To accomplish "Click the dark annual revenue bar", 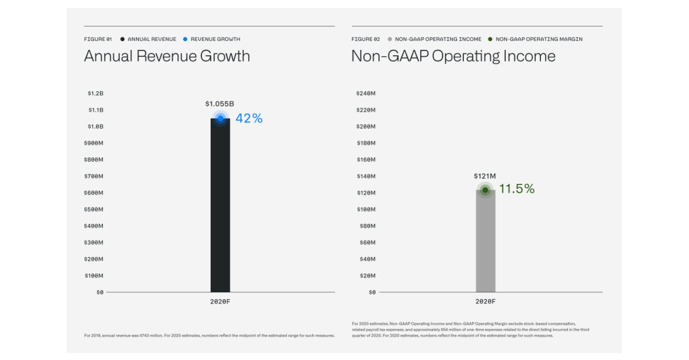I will (x=220, y=207).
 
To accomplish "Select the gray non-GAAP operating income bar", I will (x=485, y=241).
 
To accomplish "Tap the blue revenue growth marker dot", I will (x=220, y=118).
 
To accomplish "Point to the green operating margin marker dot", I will (x=485, y=189).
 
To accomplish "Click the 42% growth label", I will (x=249, y=118).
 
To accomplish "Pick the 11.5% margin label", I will (x=517, y=189).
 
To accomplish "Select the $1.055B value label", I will (x=219, y=104).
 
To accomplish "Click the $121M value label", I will (x=485, y=176).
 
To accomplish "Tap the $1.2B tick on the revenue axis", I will (x=95, y=93).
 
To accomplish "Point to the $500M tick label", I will (x=94, y=210).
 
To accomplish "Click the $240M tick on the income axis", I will (x=365, y=93).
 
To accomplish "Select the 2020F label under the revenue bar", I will (x=220, y=301).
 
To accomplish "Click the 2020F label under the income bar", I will (x=485, y=301).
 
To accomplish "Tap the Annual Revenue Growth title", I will (x=167, y=56).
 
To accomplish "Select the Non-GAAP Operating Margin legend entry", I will (x=539, y=39).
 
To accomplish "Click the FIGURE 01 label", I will (x=98, y=39).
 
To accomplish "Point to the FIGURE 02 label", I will (x=365, y=39).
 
